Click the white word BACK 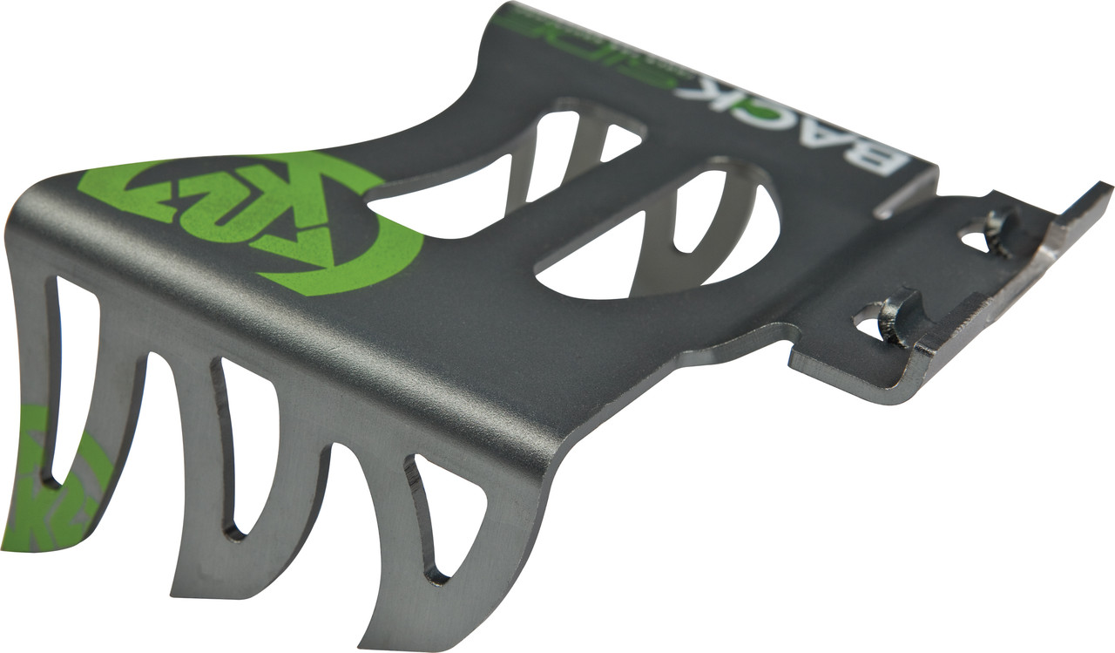click(x=784, y=122)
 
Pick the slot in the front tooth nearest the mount click(x=440, y=523)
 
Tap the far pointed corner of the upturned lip click(x=1105, y=187)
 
